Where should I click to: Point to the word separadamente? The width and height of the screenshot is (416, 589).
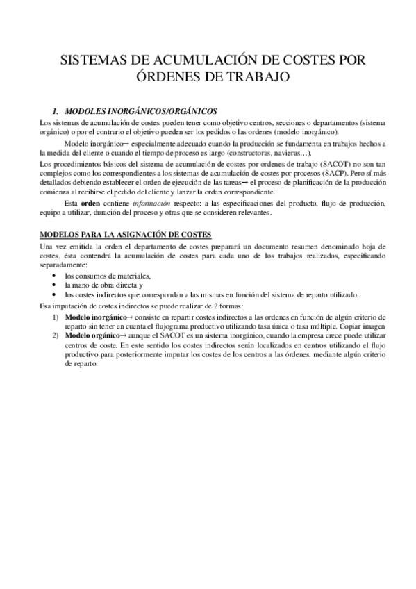64,265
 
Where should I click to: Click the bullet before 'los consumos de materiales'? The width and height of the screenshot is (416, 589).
55,276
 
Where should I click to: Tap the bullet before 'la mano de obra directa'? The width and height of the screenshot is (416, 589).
55,285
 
